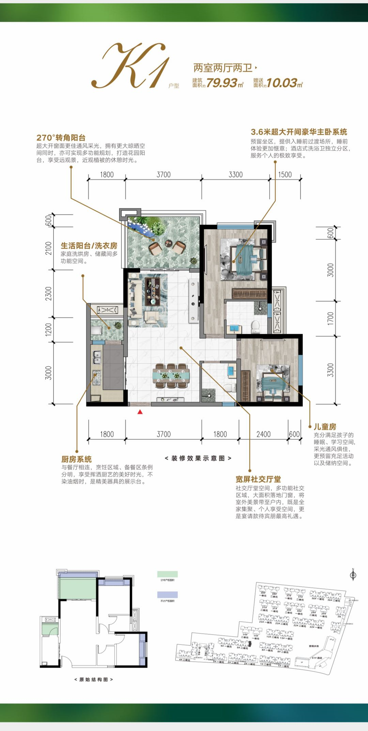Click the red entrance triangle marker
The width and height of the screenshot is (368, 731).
(140, 412)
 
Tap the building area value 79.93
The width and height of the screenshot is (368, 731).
(221, 83)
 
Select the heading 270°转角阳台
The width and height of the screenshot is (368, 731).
(61, 138)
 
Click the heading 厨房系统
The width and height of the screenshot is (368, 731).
(76, 459)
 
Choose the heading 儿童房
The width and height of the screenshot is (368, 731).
(325, 427)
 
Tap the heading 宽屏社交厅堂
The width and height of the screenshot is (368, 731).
(258, 479)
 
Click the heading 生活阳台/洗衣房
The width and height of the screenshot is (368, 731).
(89, 245)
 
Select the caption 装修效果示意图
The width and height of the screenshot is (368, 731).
(198, 458)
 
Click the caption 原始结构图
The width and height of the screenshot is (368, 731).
(93, 680)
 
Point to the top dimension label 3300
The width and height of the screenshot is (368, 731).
(235, 175)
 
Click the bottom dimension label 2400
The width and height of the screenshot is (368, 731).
(263, 434)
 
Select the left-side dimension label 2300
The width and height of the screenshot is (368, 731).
(48, 294)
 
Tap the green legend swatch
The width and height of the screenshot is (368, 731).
(167, 574)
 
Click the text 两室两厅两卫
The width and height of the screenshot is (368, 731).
(223, 68)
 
